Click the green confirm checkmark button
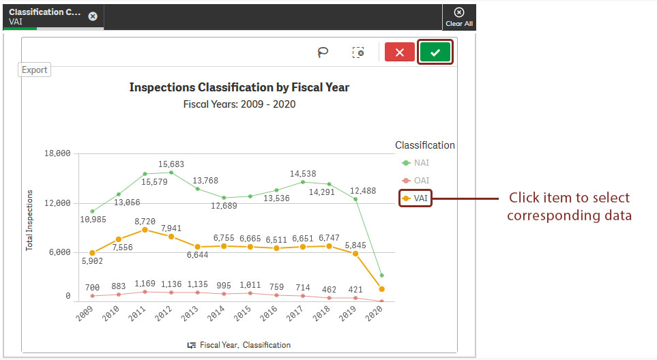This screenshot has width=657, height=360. [x=435, y=52]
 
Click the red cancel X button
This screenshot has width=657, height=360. [x=400, y=52]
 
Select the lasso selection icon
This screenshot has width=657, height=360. [x=323, y=52]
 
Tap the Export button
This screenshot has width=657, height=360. [x=35, y=70]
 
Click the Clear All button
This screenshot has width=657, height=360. [x=459, y=17]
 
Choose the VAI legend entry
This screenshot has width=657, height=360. [x=415, y=198]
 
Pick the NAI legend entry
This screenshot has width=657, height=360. [x=415, y=163]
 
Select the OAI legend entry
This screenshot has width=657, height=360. [x=415, y=181]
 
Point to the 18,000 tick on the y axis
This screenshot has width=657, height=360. [x=57, y=153]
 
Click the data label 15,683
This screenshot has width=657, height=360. [x=171, y=164]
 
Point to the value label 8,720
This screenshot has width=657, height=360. [x=144, y=222]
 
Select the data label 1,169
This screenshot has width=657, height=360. [x=145, y=283]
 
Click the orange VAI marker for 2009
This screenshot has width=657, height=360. [x=92, y=253]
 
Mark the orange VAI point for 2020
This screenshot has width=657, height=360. [x=381, y=290]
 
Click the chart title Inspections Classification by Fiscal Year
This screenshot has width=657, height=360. [x=239, y=87]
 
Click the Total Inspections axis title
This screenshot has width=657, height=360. [x=29, y=220]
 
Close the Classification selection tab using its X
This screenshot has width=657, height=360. [x=93, y=16]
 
